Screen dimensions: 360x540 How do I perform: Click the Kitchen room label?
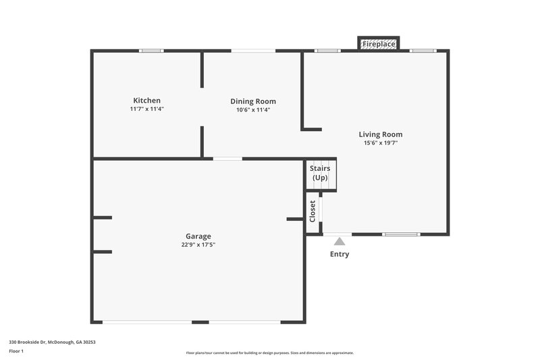[x=146, y=101]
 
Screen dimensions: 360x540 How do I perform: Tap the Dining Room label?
[x=253, y=101]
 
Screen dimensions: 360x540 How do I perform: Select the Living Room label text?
[x=381, y=134]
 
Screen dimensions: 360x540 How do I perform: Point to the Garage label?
[x=198, y=236]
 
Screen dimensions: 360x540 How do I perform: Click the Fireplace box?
[x=379, y=44]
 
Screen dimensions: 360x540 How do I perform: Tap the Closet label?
[x=313, y=211]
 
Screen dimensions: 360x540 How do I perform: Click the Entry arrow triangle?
[x=340, y=241]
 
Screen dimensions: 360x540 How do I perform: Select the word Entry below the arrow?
[x=340, y=255]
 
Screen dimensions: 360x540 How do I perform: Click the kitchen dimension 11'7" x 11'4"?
[x=146, y=109]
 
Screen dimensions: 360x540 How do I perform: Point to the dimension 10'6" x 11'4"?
[x=253, y=109]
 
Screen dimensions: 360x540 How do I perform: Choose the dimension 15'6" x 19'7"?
[x=381, y=143]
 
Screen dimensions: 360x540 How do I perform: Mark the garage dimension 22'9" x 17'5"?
[x=198, y=245]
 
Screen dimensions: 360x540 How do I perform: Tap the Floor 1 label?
[x=17, y=351]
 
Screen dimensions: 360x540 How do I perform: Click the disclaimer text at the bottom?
[x=269, y=353]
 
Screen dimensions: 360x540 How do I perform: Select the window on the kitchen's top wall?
[x=151, y=51]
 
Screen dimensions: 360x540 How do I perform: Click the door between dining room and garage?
[x=227, y=159]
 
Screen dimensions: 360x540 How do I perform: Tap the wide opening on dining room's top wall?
[x=253, y=51]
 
